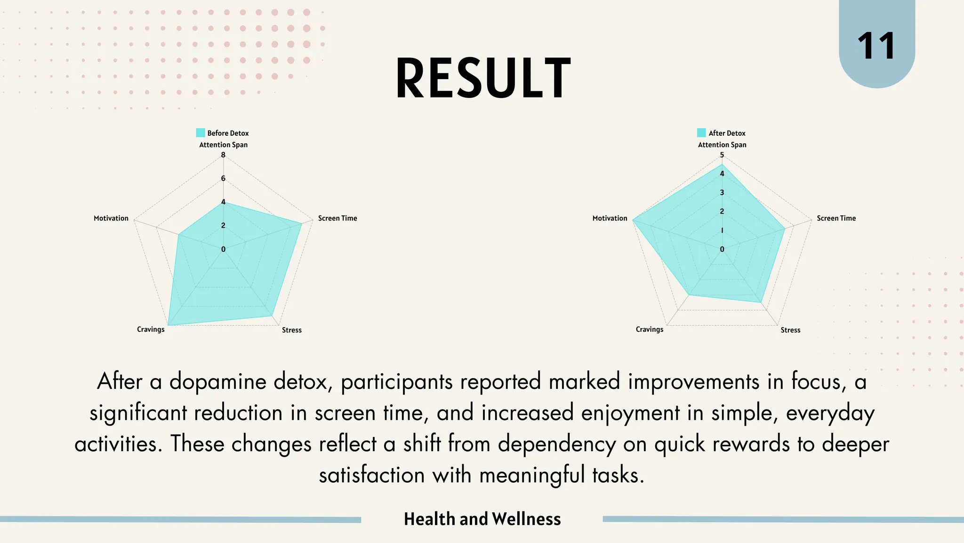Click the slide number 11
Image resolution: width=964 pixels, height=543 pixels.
tap(876, 46)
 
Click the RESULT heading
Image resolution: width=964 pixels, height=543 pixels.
tap(483, 78)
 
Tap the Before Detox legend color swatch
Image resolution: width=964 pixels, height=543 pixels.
tap(201, 133)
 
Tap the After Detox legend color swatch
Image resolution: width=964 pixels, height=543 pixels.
tap(701, 133)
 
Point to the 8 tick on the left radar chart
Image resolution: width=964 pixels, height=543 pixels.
tap(223, 155)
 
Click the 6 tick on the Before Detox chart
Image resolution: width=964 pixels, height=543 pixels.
tap(223, 179)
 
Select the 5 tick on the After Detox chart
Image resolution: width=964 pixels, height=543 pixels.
tap(722, 155)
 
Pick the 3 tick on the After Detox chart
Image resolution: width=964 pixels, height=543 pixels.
tap(722, 193)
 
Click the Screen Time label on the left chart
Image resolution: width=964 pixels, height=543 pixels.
tap(337, 218)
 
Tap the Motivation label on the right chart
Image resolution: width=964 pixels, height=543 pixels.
tap(610, 218)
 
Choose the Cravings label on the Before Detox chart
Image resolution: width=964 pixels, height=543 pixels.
tap(151, 329)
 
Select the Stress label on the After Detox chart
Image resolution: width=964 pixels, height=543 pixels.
tap(790, 330)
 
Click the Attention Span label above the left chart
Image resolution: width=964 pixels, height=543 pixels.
tap(223, 145)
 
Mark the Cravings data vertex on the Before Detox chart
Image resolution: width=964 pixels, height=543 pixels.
tap(168, 325)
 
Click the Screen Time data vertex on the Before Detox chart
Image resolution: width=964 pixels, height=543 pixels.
tap(302, 223)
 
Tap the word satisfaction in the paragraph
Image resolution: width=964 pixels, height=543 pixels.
tap(372, 475)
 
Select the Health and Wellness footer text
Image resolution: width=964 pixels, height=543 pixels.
tap(482, 519)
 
